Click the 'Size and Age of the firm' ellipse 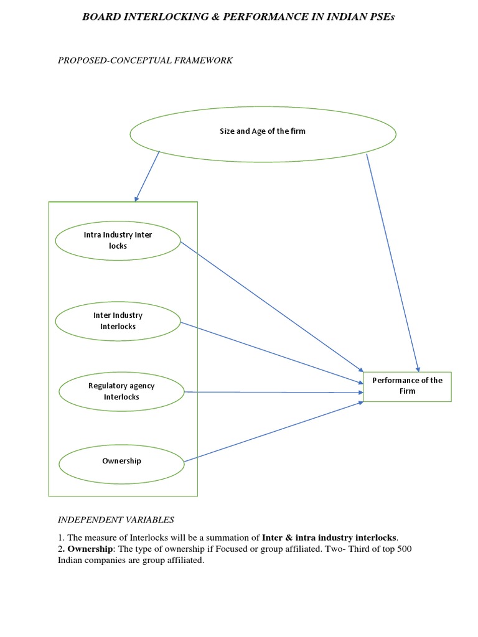tap(262, 132)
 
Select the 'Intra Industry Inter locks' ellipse tap(118, 241)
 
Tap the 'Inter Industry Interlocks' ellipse tap(118, 321)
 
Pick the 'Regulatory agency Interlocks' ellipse tap(121, 391)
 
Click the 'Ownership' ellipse tap(121, 462)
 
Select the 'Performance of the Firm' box tap(407, 386)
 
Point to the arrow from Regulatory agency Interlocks tap(274, 392)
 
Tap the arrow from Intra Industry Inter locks tap(271, 305)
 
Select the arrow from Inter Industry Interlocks tap(271, 351)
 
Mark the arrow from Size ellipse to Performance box tap(393, 261)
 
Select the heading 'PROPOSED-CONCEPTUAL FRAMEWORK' tap(145, 60)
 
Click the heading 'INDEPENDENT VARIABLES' tap(116, 519)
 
